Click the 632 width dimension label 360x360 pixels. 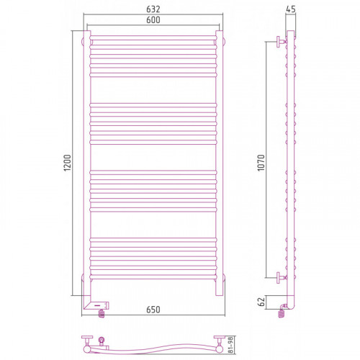pos(153,9)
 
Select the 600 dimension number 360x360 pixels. pos(153,20)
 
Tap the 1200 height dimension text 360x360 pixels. pos(68,163)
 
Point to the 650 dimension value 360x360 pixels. pos(153,310)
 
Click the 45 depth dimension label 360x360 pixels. pos(291,9)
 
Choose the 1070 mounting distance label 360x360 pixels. pos(261,163)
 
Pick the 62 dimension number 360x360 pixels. pos(262,302)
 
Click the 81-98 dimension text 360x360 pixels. pos(231,345)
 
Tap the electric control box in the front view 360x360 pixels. pos(96,306)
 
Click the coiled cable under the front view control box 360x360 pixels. pos(102,313)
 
